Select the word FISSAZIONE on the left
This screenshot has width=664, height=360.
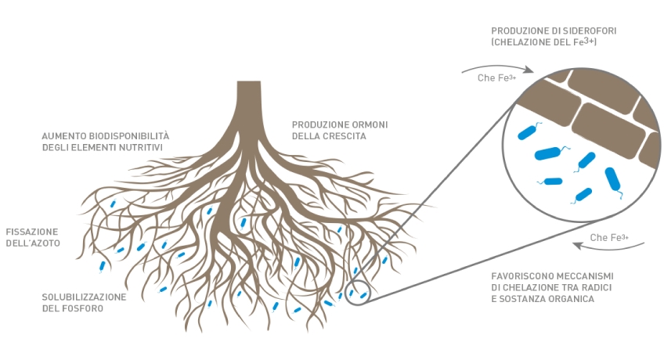[32, 232]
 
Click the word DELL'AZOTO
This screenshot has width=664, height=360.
[33, 243]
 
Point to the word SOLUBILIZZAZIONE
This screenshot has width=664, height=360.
[84, 297]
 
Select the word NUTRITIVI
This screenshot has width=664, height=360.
[139, 147]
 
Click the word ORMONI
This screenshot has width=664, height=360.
[367, 124]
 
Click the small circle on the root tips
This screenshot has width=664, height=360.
[357, 293]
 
